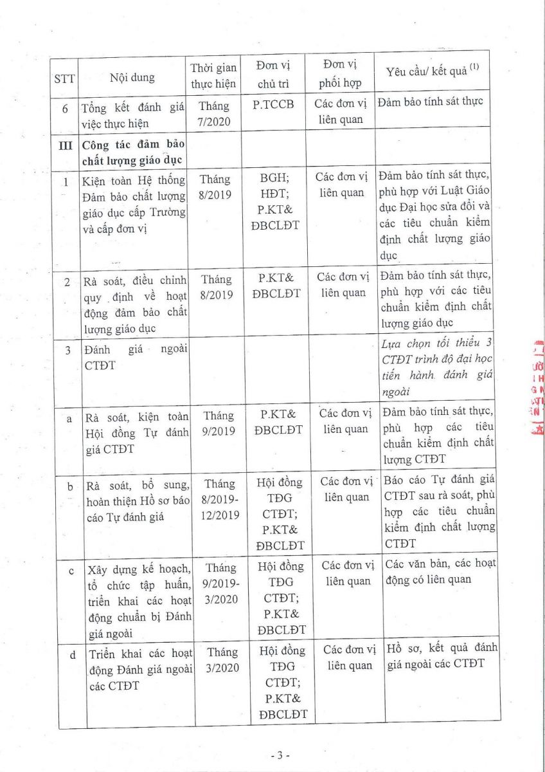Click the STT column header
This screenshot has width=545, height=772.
pos(64,78)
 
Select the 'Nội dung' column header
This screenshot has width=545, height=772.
pos(132,78)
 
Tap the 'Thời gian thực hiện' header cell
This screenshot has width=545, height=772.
pos(213,75)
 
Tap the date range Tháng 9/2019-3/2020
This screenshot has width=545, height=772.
pos(220,584)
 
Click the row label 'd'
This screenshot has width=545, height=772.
pos(72,655)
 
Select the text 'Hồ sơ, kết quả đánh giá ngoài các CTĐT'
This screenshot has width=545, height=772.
pos(441,655)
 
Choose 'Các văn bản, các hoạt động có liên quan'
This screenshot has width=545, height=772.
pos(440,571)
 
